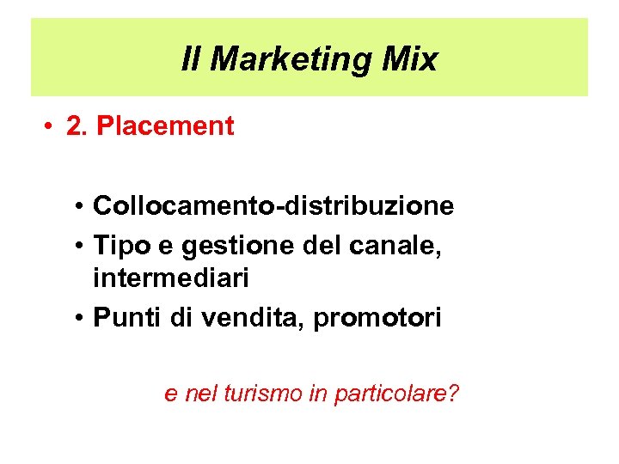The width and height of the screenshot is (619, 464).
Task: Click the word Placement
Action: pos(164,126)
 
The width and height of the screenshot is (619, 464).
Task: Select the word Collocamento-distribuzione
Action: pos(273,206)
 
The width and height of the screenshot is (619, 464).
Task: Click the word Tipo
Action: pos(120,245)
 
